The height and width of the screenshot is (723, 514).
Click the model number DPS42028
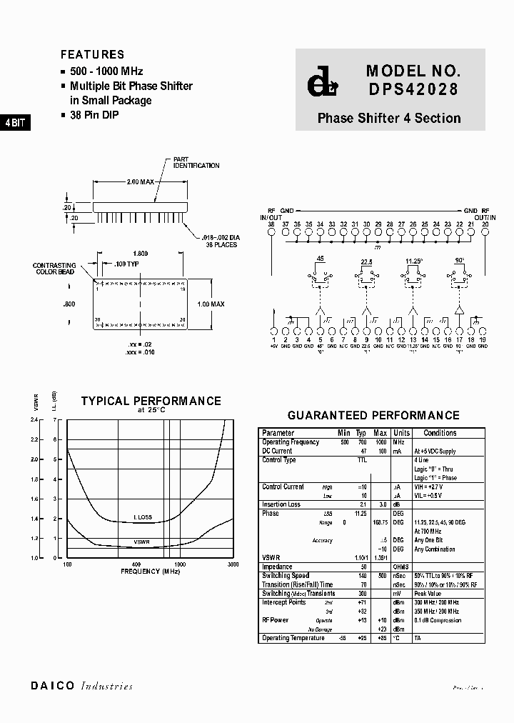pos(413,90)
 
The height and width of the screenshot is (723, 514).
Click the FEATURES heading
pos(92,54)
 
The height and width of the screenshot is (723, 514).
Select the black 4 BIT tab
pos(15,122)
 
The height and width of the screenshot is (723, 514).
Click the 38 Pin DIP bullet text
pos(94,115)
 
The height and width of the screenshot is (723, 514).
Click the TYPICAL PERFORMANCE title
pos(151,402)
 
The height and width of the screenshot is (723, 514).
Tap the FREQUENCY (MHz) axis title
pos(150,572)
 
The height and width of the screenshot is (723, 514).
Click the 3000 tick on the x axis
pos(233,564)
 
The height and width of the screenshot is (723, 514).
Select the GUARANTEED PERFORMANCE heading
pos(373,415)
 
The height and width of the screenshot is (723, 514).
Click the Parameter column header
pos(278,433)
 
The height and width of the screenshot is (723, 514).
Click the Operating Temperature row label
pos(293,638)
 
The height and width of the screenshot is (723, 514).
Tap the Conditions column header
pos(440,433)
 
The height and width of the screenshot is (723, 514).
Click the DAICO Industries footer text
pos(81,686)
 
